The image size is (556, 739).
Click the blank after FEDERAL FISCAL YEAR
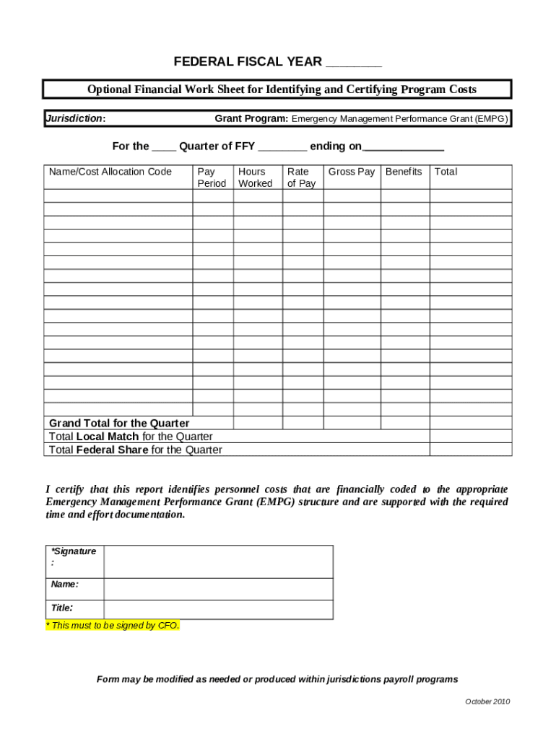pyautogui.click(x=353, y=64)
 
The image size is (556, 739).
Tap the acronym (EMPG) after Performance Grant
pyautogui.click(x=491, y=118)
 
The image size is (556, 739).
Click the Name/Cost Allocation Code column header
pyautogui.click(x=110, y=172)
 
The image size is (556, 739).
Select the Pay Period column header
pyautogui.click(x=212, y=178)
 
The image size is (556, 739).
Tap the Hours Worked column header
pyautogui.click(x=255, y=178)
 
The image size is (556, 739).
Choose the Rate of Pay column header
pyautogui.click(x=301, y=178)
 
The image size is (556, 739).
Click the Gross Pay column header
pyautogui.click(x=352, y=172)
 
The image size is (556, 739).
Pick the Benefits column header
pyautogui.click(x=404, y=172)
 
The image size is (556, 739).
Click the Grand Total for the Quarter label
pyautogui.click(x=119, y=423)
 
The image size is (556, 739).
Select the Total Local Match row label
pyautogui.click(x=131, y=437)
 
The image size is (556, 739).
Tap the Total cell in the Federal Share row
pyautogui.click(x=471, y=450)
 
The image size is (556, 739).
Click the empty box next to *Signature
pyautogui.click(x=218, y=561)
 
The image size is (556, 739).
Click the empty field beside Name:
pyautogui.click(x=218, y=588)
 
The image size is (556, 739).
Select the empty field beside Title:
pyautogui.click(x=218, y=609)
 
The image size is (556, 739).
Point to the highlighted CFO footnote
pyautogui.click(x=112, y=626)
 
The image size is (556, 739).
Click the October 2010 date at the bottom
pyautogui.click(x=487, y=702)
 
